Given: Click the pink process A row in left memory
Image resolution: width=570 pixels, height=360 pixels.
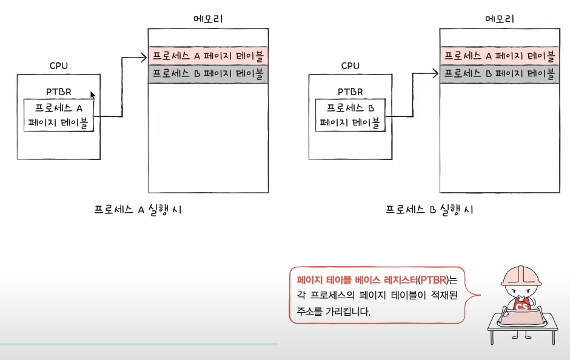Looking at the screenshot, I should [x=209, y=56].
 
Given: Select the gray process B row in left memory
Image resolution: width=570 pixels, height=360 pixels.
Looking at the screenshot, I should [x=209, y=75].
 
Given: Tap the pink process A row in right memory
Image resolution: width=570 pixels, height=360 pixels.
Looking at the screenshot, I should [x=500, y=56].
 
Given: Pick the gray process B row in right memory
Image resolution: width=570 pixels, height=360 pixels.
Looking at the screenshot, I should [x=500, y=75].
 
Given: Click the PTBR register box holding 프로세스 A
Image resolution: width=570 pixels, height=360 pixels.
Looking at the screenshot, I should [x=59, y=115].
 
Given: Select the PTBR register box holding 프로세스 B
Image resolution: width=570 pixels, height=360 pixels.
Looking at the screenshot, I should [x=350, y=115].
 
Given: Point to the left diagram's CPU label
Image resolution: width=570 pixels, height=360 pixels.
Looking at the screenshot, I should [x=59, y=65].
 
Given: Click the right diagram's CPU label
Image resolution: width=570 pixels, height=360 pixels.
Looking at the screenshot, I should [x=350, y=65].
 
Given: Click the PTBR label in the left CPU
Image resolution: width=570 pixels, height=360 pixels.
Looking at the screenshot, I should [x=59, y=92].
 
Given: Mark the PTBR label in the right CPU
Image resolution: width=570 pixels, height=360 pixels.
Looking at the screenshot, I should [x=350, y=92].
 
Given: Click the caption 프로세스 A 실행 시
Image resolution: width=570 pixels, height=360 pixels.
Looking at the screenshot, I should [x=138, y=210].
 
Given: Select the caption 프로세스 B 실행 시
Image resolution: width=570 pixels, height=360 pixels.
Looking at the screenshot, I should [x=429, y=210].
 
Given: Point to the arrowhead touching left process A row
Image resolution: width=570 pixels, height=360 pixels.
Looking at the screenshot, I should [x=144, y=58].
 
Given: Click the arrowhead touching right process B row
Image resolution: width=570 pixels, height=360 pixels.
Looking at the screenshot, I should [x=435, y=73].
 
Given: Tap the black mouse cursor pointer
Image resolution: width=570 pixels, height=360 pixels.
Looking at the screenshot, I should [x=93, y=95].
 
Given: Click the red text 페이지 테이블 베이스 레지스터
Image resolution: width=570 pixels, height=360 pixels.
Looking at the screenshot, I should [x=354, y=281].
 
